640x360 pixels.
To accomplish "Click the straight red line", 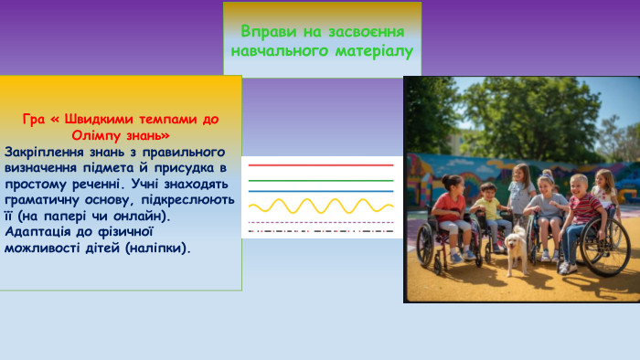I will pos(321,165).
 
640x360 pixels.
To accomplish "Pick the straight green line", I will pos(321,180).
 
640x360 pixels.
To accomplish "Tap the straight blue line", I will pos(321,191).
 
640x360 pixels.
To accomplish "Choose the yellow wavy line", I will pos(321,206).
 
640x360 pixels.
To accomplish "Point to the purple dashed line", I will pos(321,222).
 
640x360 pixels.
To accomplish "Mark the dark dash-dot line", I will pos(321,231).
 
